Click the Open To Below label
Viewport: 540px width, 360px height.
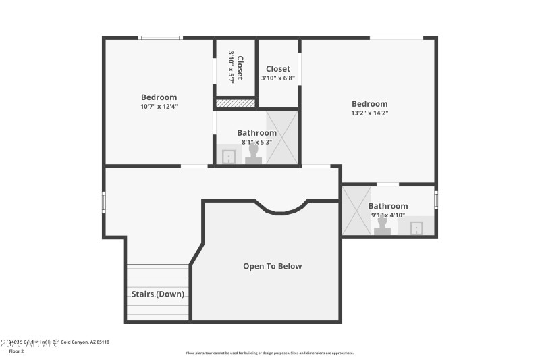pos(272,266)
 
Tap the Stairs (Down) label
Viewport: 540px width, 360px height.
pos(157,294)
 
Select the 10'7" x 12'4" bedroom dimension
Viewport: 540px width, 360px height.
pos(159,106)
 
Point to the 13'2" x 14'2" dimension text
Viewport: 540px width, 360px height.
pos(370,113)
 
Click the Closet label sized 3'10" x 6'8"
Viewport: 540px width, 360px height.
pos(278,69)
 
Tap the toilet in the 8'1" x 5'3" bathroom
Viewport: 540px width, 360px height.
pos(254,155)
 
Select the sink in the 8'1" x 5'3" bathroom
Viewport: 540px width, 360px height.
pos(229,157)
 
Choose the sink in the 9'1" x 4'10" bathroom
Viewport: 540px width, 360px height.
pos(416,228)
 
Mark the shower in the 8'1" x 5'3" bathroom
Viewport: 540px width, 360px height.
pos(281,138)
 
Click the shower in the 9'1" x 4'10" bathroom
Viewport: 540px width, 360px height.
pos(355,211)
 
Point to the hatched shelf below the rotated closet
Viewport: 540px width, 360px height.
pos(235,103)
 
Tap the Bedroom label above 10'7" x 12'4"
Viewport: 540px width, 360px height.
pos(159,97)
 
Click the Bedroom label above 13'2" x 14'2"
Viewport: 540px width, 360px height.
pos(370,104)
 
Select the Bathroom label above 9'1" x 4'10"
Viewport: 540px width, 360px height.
pos(388,206)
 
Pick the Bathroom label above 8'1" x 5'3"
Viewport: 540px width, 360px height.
pos(256,133)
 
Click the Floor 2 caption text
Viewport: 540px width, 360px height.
pos(16,351)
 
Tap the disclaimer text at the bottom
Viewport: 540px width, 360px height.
pos(269,353)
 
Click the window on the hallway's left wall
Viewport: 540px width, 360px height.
pos(104,201)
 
